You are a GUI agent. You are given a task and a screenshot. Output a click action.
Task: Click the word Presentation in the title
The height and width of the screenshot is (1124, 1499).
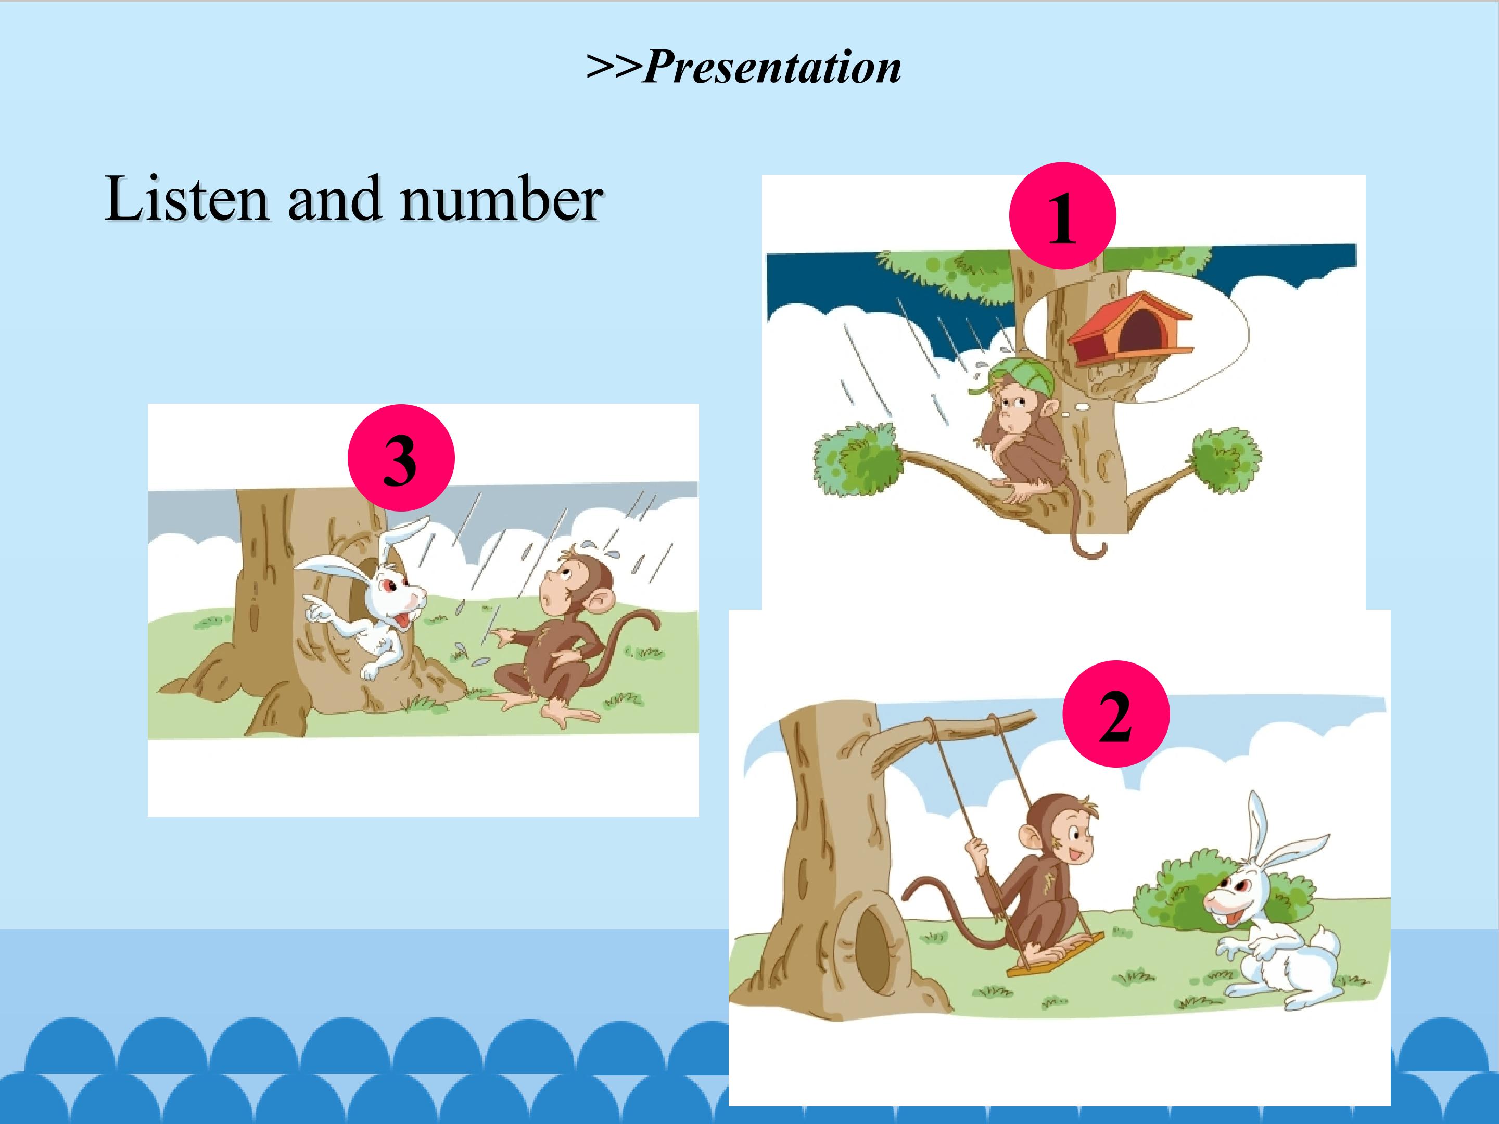(x=772, y=68)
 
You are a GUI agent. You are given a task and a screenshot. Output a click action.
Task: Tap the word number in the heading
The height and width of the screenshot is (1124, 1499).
(x=501, y=200)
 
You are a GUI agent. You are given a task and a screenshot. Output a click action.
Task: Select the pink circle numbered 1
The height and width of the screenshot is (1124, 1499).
(x=1062, y=215)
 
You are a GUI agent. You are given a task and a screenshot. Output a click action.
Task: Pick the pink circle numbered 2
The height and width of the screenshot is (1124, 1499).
(x=1115, y=714)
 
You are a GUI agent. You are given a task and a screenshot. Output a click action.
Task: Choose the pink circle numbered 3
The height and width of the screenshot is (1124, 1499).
(x=400, y=458)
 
